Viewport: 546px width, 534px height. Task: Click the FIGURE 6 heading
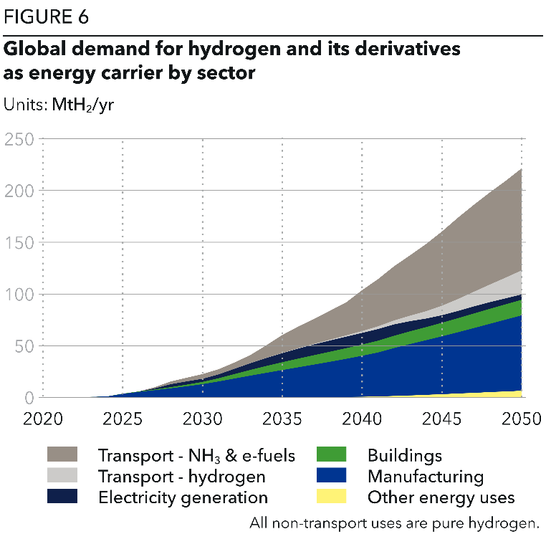[47, 17]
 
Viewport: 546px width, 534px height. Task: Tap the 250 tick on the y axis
[19, 139]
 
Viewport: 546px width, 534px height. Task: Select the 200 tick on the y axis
[19, 191]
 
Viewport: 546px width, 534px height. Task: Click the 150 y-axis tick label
[19, 242]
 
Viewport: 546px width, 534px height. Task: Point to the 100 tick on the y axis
[19, 294]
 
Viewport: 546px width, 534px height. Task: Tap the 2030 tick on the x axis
[203, 419]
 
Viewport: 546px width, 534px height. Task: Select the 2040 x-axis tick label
[362, 419]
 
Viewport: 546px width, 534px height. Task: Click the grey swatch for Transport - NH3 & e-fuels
[62, 454]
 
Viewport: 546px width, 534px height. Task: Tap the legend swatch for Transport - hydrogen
[62, 476]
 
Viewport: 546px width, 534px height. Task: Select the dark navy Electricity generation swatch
[62, 497]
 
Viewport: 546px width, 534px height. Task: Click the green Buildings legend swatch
[331, 454]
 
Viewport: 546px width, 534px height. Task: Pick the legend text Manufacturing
[425, 476]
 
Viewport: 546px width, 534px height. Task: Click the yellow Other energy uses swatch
[331, 497]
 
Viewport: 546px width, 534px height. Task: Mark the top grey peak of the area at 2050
[520, 170]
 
